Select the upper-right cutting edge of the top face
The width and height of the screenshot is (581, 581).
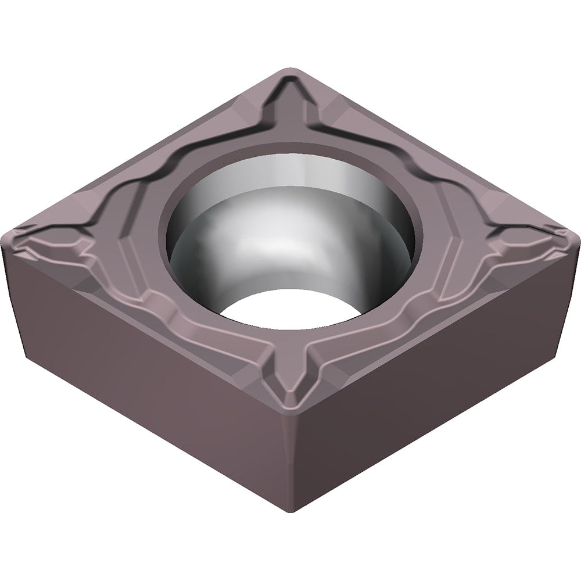436,151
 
